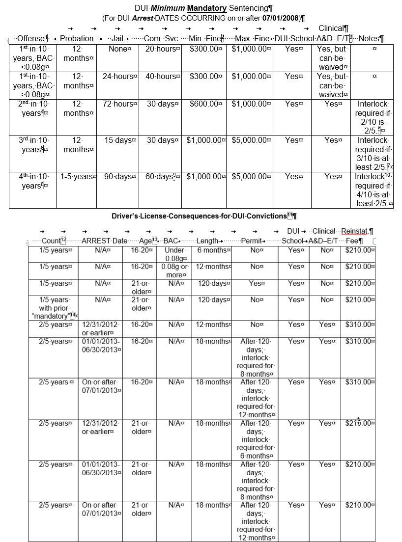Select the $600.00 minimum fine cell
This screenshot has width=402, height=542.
(x=203, y=104)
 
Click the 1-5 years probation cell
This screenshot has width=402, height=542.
(x=76, y=177)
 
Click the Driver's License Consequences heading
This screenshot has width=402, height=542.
(x=199, y=216)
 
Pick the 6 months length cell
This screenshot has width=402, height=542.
(x=211, y=250)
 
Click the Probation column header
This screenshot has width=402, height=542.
(x=76, y=38)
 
